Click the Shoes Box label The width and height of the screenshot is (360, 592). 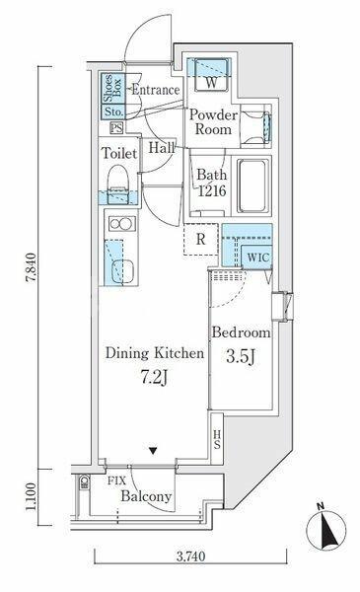click(x=112, y=89)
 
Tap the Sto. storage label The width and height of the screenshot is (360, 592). click(x=113, y=111)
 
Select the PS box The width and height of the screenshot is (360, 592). click(x=116, y=128)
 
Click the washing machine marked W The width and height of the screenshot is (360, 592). click(x=211, y=76)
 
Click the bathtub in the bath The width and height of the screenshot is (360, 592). click(x=253, y=186)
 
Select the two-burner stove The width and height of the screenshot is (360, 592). click(x=122, y=224)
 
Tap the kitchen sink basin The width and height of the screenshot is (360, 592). click(x=122, y=271)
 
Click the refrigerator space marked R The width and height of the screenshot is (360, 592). click(x=201, y=240)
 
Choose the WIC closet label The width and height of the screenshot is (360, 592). click(x=258, y=258)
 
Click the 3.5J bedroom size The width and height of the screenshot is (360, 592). click(x=241, y=356)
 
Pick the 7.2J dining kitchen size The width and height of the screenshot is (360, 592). click(x=154, y=377)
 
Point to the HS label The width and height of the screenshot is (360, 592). click(x=217, y=439)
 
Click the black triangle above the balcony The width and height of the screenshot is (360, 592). click(x=153, y=451)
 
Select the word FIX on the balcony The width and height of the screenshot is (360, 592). click(x=116, y=481)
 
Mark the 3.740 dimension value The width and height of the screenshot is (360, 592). click(x=191, y=556)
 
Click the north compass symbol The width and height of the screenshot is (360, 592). click(x=326, y=529)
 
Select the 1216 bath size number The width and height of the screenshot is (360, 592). click(x=212, y=191)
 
